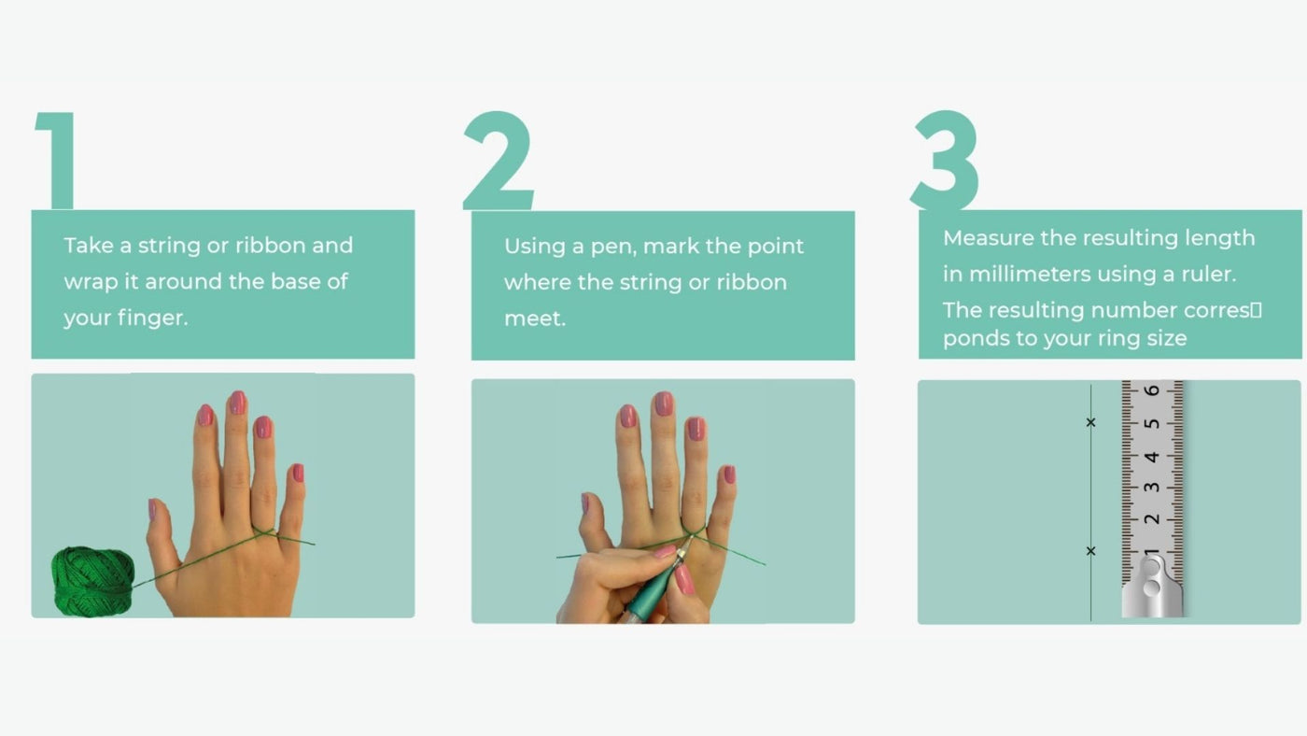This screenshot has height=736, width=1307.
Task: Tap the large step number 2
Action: pyautogui.click(x=499, y=161)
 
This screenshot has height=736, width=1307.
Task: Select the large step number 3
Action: pyautogui.click(x=945, y=160)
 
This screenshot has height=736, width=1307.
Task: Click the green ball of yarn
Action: pyautogui.click(x=92, y=581)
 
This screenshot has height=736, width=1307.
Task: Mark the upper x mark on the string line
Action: pyautogui.click(x=1091, y=422)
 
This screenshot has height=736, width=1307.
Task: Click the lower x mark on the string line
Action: pyautogui.click(x=1091, y=550)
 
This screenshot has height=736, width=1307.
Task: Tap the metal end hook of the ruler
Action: pyautogui.click(x=1152, y=586)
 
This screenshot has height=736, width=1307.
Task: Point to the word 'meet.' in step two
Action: pyautogui.click(x=535, y=318)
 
